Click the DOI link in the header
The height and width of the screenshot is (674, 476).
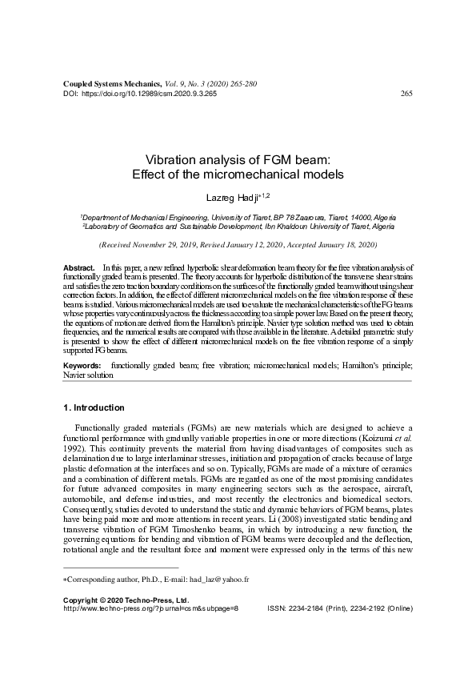click(148, 93)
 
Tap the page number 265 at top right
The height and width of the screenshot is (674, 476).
click(406, 93)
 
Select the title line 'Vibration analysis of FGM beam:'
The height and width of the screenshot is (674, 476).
click(238, 160)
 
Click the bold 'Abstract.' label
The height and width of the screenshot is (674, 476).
click(78, 265)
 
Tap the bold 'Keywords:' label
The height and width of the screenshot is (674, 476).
click(84, 365)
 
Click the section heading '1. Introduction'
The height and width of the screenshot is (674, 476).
click(93, 407)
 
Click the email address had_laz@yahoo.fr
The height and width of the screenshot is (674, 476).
click(219, 601)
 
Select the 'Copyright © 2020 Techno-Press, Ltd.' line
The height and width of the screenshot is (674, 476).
click(126, 621)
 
